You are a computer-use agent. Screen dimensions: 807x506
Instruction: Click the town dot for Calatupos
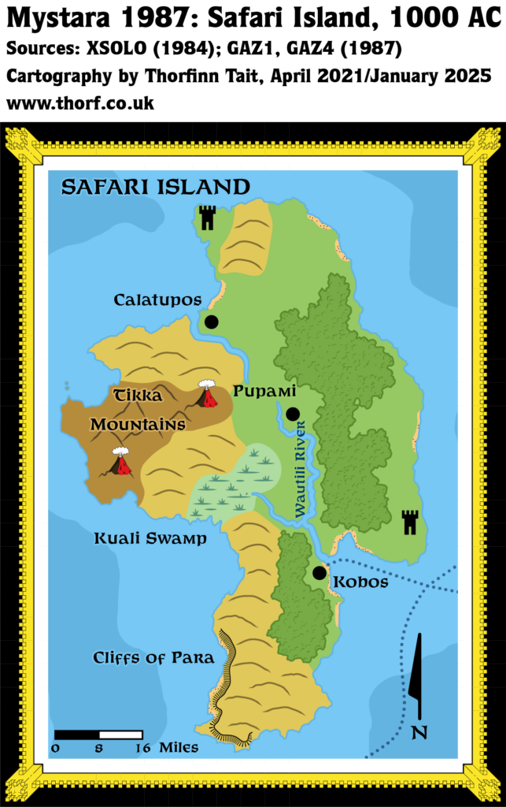211,322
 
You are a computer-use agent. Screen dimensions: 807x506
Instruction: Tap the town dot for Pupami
293,414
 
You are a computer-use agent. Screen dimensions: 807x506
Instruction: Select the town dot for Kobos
319,573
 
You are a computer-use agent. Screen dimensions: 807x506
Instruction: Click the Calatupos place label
157,300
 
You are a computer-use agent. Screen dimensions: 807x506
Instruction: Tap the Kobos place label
361,582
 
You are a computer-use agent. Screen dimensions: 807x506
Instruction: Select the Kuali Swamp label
150,539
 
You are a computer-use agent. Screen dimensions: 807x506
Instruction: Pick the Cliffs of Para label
153,658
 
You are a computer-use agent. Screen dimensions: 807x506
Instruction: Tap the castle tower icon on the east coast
409,522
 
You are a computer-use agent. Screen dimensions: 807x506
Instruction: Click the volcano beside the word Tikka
208,396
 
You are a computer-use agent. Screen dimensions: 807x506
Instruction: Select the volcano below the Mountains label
120,463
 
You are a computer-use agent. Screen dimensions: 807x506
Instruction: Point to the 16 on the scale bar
142,747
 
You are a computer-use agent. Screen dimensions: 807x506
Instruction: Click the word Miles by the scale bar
179,747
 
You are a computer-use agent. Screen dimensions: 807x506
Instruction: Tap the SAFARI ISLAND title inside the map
156,187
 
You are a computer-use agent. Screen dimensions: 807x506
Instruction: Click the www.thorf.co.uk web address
80,103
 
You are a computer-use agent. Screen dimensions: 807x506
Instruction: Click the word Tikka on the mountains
138,396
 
